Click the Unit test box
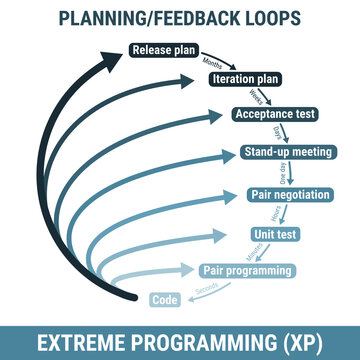pos(273,234)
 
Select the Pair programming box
pos(247,270)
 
